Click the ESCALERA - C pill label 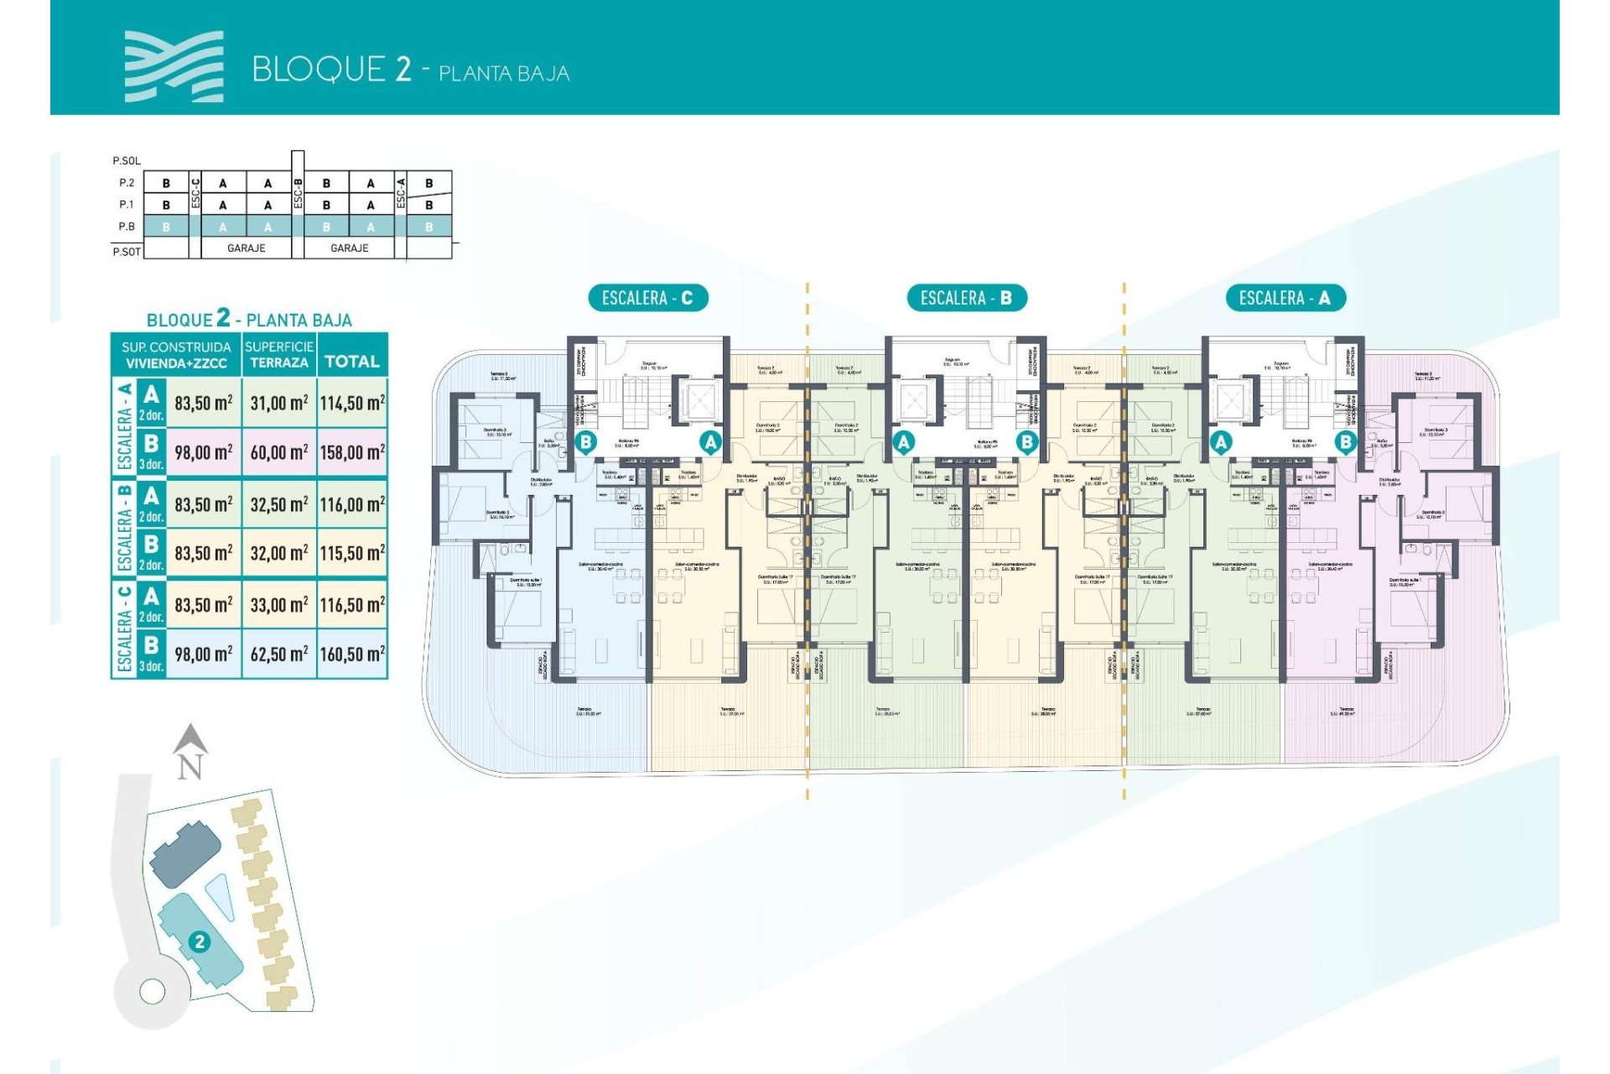[647, 298]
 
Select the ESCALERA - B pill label [967, 298]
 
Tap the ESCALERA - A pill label [1285, 298]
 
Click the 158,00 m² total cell [352, 453]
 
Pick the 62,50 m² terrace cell [279, 654]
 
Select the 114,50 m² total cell [352, 404]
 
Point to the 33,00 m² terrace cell [279, 605]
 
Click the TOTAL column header [352, 362]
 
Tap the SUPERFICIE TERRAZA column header [279, 354]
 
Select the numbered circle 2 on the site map [200, 941]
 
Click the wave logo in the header [174, 67]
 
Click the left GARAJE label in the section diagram [246, 248]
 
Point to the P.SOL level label [127, 160]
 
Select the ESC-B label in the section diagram [298, 194]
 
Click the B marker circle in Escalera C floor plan [585, 441]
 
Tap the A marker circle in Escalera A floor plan [1221, 441]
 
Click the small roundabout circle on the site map [153, 992]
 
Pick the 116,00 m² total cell [352, 504]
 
